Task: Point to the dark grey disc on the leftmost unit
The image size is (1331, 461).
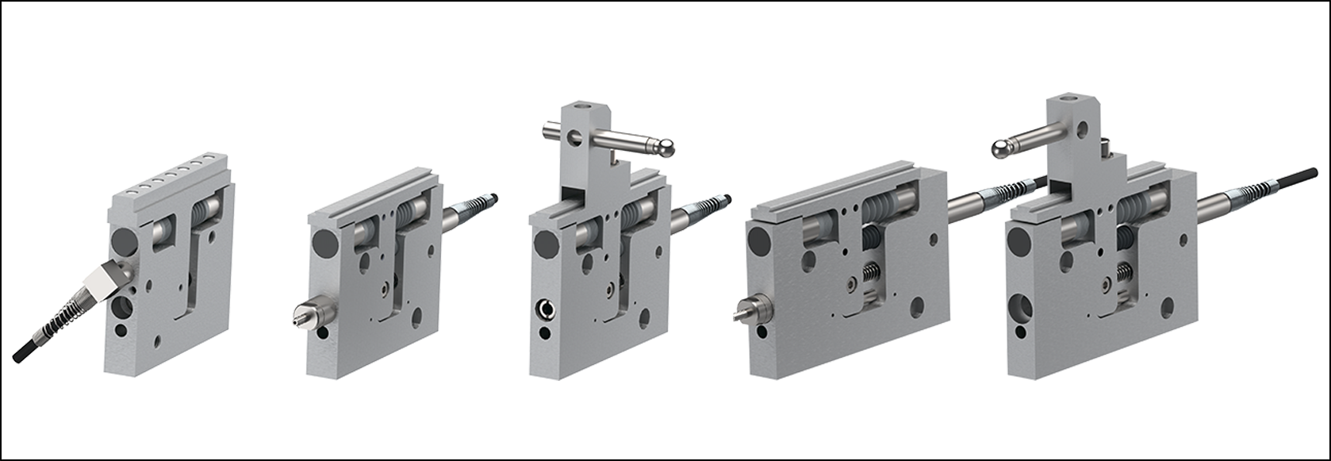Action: [x=125, y=239]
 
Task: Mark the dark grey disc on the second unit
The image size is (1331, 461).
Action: [x=325, y=242]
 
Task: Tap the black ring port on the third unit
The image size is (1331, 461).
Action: [x=546, y=309]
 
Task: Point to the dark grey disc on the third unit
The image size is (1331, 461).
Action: [x=547, y=244]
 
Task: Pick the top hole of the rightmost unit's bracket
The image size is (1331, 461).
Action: [x=1076, y=100]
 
